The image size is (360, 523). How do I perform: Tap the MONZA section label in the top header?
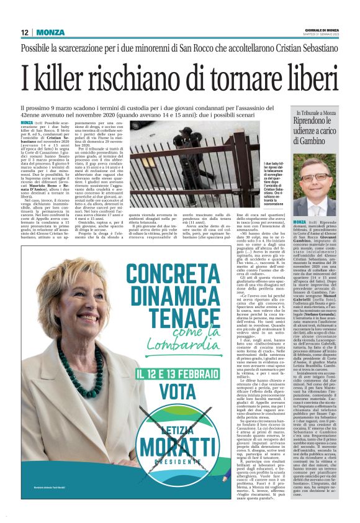tap(50, 32)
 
